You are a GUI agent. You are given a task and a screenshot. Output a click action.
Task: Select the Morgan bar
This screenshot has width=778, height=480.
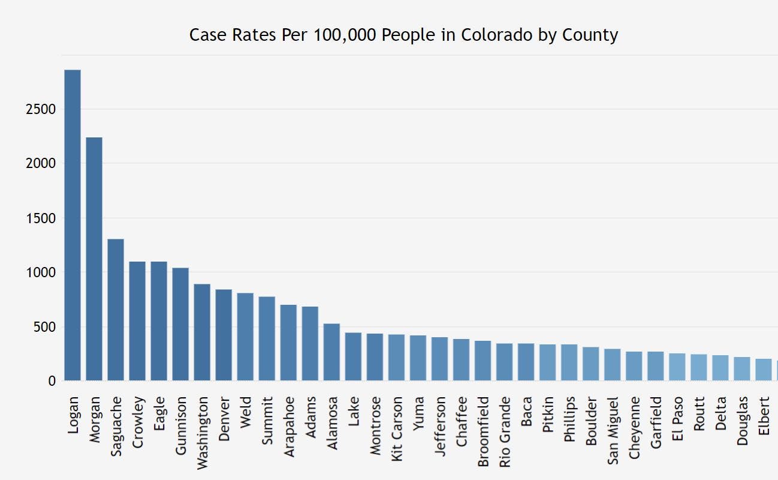94,259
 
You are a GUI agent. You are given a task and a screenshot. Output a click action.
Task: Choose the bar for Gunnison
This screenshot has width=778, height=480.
180,324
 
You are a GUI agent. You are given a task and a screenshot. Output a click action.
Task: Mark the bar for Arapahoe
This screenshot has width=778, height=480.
288,343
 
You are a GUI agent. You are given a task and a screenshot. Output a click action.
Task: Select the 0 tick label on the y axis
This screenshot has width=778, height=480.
52,381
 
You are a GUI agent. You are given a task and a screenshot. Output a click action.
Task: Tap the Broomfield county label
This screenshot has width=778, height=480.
483,431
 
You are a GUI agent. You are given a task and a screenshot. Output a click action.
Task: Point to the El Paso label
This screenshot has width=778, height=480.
677,419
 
